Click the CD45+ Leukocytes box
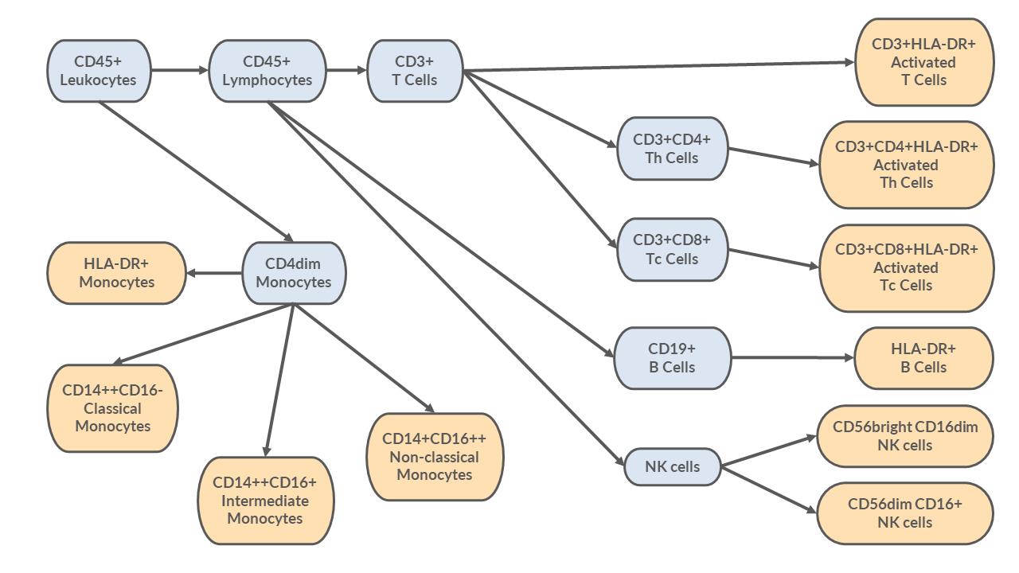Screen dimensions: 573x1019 [x=98, y=71]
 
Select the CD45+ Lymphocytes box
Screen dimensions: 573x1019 [x=267, y=71]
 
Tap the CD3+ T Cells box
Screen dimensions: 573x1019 [x=414, y=71]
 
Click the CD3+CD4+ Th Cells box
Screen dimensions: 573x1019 [x=672, y=149]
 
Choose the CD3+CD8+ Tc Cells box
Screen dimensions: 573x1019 [x=672, y=250]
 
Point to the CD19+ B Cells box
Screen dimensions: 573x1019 [x=672, y=358]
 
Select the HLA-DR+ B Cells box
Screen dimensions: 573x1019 [x=923, y=358]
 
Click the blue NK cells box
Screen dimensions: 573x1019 [x=673, y=467]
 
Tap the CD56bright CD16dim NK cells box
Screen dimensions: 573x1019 [x=905, y=436]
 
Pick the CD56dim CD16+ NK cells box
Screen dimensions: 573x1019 [x=905, y=513]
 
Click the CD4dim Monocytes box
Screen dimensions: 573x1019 [x=294, y=273]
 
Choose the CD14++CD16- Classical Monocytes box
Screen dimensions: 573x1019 [x=113, y=408]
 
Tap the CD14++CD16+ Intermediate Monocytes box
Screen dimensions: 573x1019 [x=264, y=501]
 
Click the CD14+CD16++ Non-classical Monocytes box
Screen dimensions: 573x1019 [x=435, y=457]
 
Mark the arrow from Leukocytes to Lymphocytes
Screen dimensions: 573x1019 [x=179, y=71]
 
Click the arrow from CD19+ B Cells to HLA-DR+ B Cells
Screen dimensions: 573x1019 [x=792, y=358]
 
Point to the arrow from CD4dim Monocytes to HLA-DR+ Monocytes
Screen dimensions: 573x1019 [x=215, y=273]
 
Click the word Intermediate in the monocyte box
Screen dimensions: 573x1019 [x=264, y=501]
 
